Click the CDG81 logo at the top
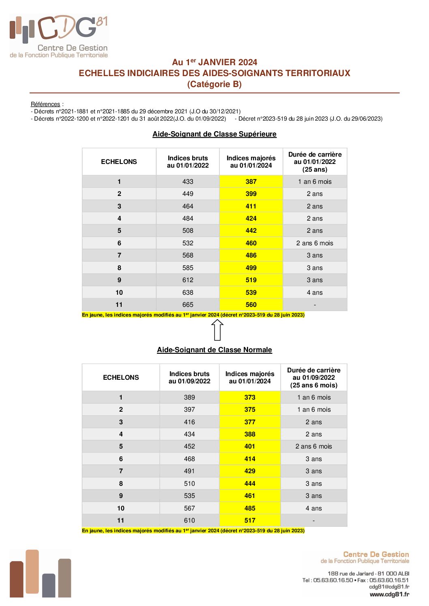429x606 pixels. coord(59,36)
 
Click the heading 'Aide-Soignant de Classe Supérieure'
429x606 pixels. coord(214,134)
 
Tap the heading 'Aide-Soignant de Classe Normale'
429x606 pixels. coord(214,350)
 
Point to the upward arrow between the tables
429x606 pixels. coord(217,330)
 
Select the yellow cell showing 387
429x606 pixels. coord(251,182)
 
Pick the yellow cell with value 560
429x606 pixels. coord(251,305)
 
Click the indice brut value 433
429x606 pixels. coord(188,182)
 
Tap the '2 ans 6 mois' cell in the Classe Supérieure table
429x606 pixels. coord(315,243)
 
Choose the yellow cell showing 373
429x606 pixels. coord(250,398)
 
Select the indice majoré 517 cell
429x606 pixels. coord(250,521)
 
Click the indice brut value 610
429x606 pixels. coord(189,521)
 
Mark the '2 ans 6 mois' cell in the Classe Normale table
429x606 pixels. coord(313,447)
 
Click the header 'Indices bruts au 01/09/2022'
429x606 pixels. coord(189,377)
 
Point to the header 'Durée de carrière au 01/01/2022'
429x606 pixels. coord(315,162)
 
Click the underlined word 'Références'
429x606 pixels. coord(45,104)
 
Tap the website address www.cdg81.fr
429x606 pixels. coord(389,594)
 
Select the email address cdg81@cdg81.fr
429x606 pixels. coord(389,587)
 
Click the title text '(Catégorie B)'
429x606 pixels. coord(214,84)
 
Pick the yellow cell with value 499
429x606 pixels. coord(251,268)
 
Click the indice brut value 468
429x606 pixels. coord(189,459)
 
